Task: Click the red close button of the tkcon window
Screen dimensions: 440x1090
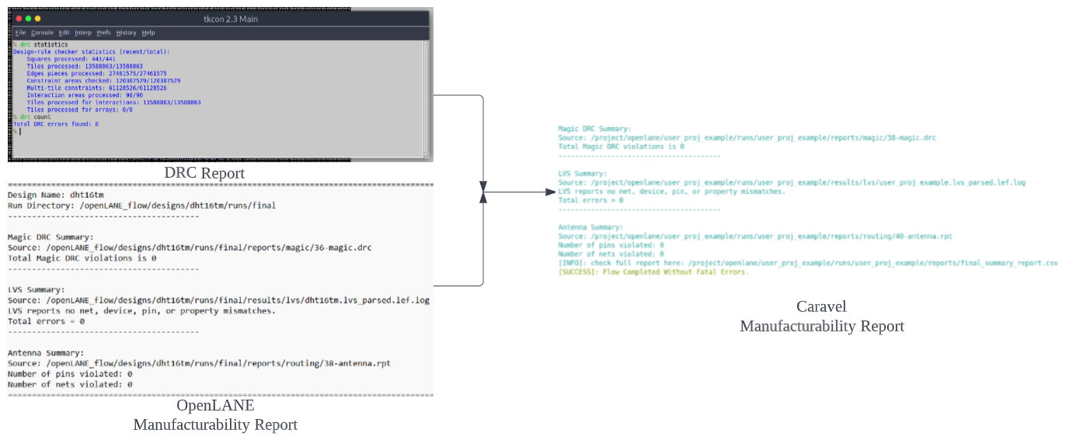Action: pyautogui.click(x=17, y=18)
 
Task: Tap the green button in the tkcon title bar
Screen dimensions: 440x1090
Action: pyautogui.click(x=37, y=18)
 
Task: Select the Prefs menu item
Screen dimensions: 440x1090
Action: pyautogui.click(x=103, y=33)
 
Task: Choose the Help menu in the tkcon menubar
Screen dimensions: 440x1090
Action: pyautogui.click(x=148, y=33)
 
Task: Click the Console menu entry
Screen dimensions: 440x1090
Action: pyautogui.click(x=42, y=33)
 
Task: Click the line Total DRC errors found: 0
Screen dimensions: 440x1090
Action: pyautogui.click(x=56, y=124)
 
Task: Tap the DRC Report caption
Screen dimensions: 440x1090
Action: pyautogui.click(x=204, y=173)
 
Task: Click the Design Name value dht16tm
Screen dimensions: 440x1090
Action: pyautogui.click(x=86, y=195)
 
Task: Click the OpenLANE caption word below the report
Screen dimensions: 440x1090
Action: pyautogui.click(x=215, y=405)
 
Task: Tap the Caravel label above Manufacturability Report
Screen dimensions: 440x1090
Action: pyautogui.click(x=821, y=307)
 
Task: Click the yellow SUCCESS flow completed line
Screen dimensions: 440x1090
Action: pyautogui.click(x=653, y=272)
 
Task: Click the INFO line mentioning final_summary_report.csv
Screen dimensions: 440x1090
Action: pyautogui.click(x=808, y=263)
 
